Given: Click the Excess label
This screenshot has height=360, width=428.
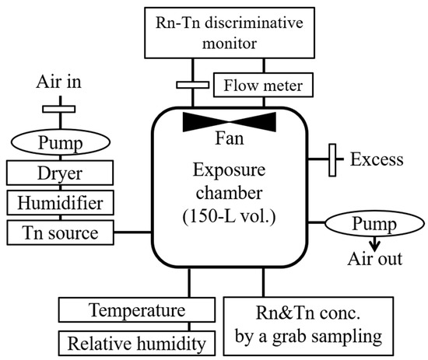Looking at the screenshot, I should coord(377,160).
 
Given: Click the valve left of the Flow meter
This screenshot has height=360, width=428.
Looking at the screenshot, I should coord(189,85).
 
